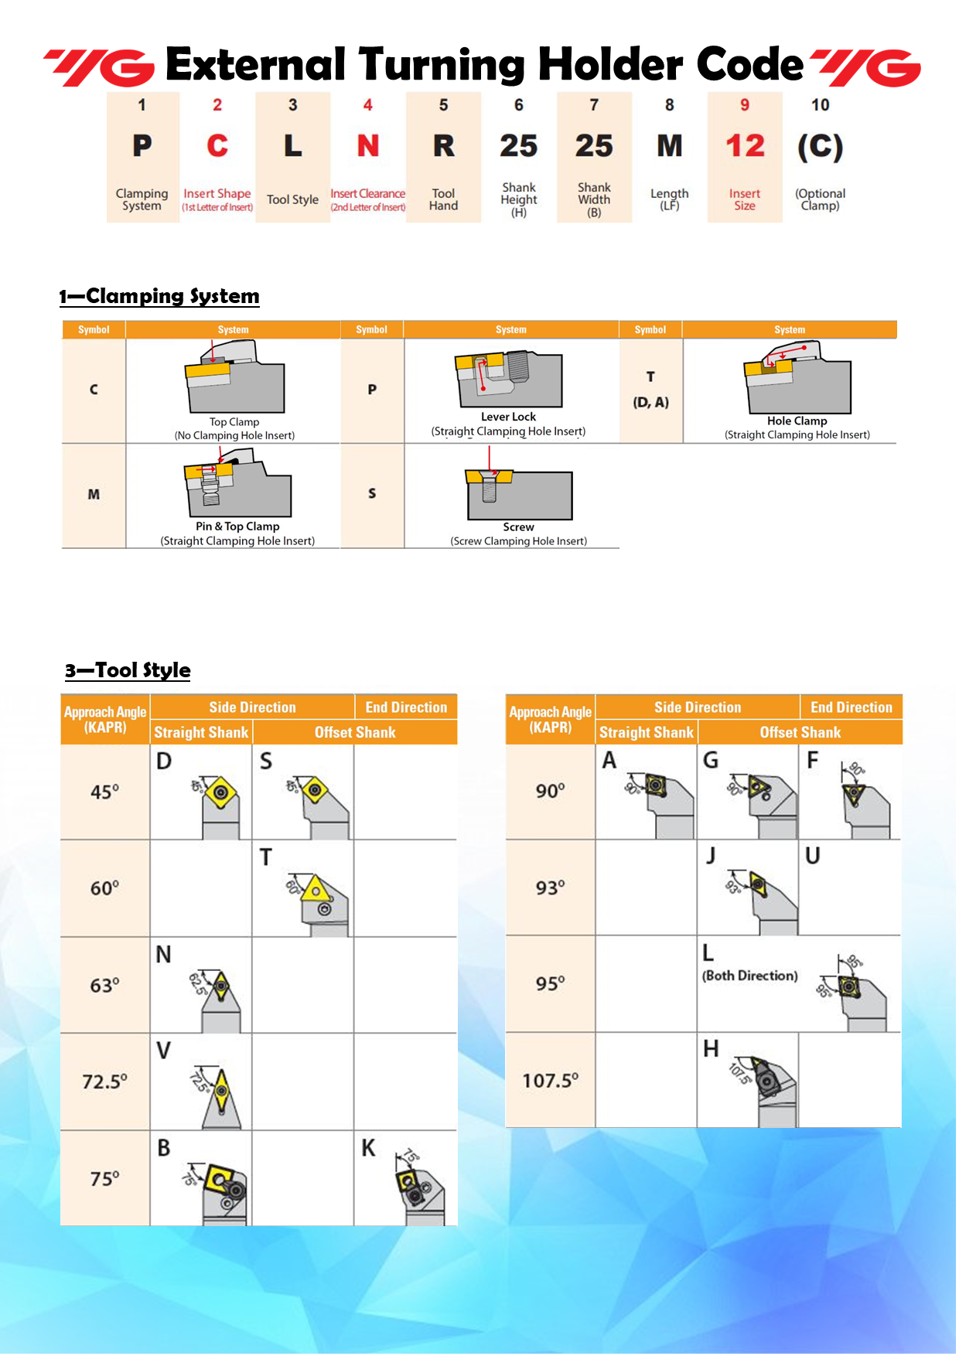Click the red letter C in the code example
pyautogui.click(x=217, y=146)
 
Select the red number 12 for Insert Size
pyautogui.click(x=745, y=146)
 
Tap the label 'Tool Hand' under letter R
pyautogui.click(x=443, y=199)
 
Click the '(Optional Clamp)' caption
pyautogui.click(x=820, y=199)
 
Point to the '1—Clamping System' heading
pyautogui.click(x=159, y=296)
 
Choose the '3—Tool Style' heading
pyautogui.click(x=128, y=670)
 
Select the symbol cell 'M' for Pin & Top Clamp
pyautogui.click(x=94, y=495)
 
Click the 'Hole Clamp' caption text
pyautogui.click(x=797, y=421)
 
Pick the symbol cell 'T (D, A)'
pyautogui.click(x=650, y=389)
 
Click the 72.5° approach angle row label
pyautogui.click(x=104, y=1082)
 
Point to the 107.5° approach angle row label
pyautogui.click(x=550, y=1081)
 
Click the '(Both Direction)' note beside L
pyautogui.click(x=749, y=976)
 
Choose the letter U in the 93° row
pyautogui.click(x=812, y=856)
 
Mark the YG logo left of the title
pyautogui.click(x=99, y=67)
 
